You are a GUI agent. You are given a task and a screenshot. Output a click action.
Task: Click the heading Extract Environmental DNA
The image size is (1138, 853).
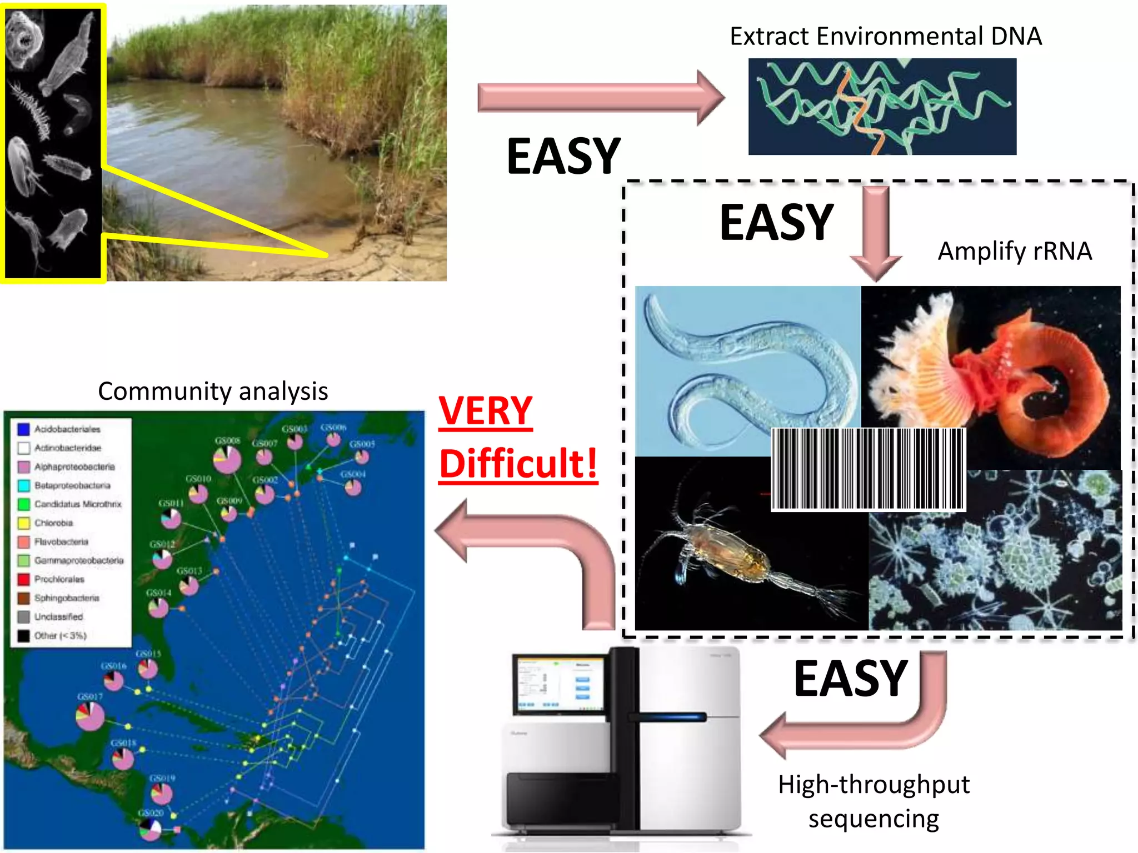coord(885,37)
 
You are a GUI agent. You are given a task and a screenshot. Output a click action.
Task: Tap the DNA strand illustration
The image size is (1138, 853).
coord(882,107)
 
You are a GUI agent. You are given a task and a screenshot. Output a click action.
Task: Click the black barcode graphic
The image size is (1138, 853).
coord(869,469)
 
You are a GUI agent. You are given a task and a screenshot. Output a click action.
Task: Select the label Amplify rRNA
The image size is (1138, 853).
coord(1015,251)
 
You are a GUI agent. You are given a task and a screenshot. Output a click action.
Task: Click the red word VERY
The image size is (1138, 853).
coord(485,412)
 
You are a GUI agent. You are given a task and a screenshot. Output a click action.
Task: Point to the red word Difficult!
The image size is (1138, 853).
coord(518,464)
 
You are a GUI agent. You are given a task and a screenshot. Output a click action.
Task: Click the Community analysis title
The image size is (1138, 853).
coord(213,392)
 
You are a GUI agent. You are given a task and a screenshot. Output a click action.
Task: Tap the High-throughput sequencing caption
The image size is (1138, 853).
coord(874,801)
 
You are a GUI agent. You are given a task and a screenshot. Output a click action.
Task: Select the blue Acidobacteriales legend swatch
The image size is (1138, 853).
coord(23,429)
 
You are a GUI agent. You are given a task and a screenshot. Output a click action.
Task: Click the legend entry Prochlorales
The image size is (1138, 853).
coord(59,579)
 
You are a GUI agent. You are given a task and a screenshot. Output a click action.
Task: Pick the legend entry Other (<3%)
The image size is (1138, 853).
coord(60,635)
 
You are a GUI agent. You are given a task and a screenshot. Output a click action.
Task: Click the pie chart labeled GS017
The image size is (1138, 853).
coord(90,716)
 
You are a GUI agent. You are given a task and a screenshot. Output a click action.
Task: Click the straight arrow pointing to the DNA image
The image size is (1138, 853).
coord(600,98)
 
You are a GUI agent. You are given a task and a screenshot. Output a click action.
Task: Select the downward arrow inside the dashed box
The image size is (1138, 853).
coord(876,233)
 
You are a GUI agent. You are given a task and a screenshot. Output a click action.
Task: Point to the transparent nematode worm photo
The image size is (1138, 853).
coord(747,371)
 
